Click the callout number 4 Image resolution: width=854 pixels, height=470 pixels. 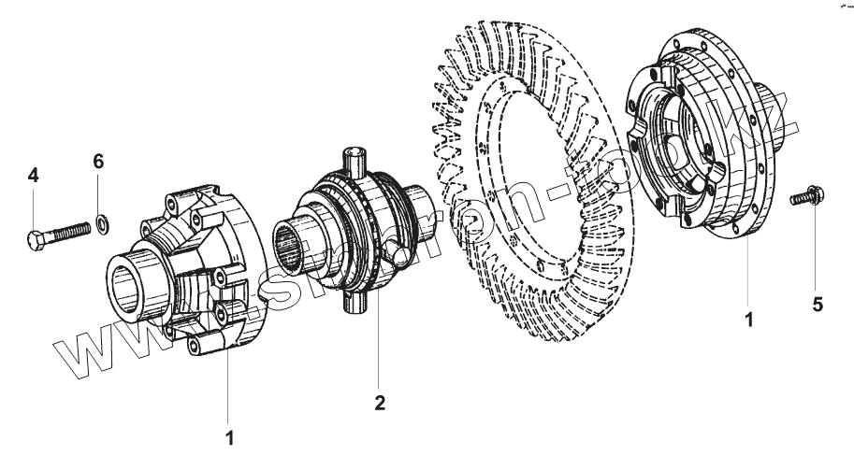[34, 175]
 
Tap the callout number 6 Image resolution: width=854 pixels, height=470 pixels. [98, 162]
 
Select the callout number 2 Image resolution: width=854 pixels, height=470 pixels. [379, 403]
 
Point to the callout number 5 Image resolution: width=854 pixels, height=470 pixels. [817, 305]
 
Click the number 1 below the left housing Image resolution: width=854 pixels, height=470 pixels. [229, 436]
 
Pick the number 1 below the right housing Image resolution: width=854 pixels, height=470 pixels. [748, 319]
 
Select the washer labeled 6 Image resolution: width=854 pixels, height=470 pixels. [101, 222]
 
